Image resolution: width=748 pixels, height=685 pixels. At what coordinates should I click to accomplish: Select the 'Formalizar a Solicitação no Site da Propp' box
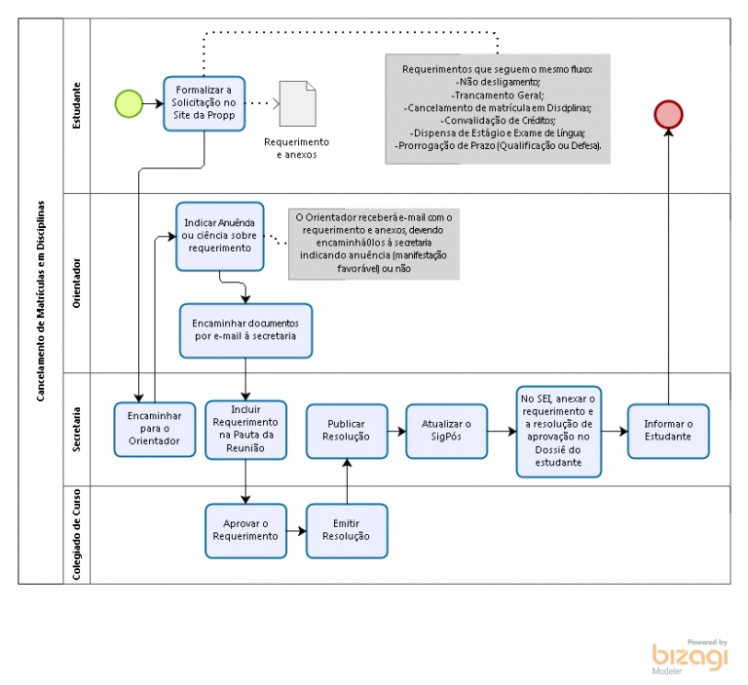(x=205, y=102)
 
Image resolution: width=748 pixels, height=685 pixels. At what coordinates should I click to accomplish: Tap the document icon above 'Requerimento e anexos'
(x=297, y=102)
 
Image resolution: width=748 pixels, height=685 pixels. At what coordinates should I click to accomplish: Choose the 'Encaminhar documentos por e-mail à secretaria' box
(x=245, y=329)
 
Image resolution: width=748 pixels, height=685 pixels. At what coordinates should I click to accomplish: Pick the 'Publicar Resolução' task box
(x=347, y=431)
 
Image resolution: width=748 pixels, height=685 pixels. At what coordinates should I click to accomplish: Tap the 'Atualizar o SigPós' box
(x=446, y=431)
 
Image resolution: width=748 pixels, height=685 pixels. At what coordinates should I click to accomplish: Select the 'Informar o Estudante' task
(x=668, y=431)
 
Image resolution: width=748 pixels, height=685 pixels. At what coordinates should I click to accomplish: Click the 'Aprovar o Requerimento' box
(x=245, y=530)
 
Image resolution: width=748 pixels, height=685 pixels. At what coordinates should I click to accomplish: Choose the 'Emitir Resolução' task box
(x=347, y=530)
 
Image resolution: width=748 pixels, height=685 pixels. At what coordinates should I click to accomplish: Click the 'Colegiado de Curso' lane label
(x=77, y=534)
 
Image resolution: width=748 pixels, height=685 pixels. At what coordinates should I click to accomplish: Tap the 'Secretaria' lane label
(x=77, y=427)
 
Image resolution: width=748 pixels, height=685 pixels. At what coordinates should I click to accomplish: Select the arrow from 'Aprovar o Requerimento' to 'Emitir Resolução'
(x=296, y=534)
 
